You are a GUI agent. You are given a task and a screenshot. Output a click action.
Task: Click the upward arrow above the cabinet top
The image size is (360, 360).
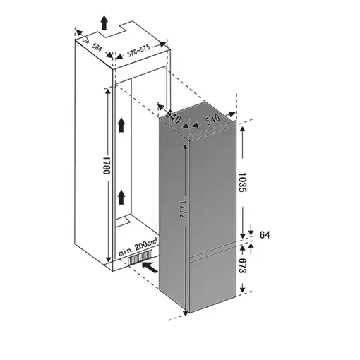pos(105,23)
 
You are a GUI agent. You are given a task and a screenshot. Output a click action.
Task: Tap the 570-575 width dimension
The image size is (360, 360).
pos(140,54)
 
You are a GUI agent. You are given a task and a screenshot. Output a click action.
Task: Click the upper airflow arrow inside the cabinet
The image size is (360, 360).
pos(121,126)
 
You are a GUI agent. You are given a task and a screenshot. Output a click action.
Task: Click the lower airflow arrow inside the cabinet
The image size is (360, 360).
pos(121,196)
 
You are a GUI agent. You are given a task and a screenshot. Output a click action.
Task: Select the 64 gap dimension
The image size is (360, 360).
pos(265,235)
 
